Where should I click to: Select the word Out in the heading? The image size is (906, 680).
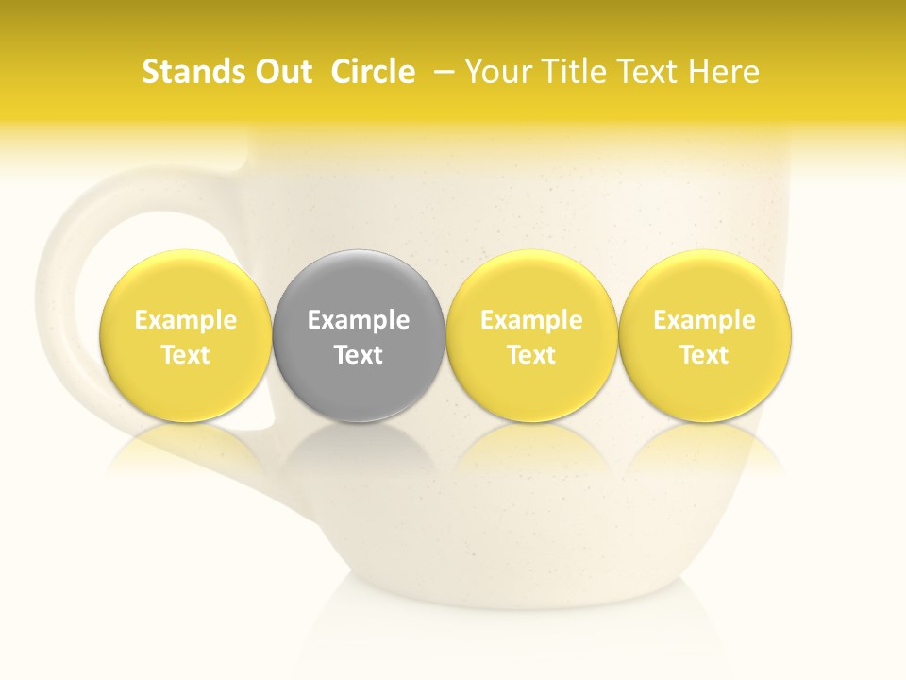pos(280,72)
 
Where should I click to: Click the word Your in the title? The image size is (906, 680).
pos(495,72)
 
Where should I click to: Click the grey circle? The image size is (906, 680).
pos(359,283)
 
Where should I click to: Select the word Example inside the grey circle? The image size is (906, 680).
pos(359,320)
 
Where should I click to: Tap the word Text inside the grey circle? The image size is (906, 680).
pos(359,355)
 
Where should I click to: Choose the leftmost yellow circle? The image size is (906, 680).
pos(185,283)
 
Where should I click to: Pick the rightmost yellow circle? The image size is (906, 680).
pos(704,283)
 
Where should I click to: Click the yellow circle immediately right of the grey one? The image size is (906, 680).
pos(531,283)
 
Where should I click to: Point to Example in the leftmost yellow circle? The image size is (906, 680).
pos(185,320)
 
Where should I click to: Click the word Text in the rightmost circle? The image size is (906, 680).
pos(704,355)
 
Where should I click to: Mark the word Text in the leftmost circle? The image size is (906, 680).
pos(185,355)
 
